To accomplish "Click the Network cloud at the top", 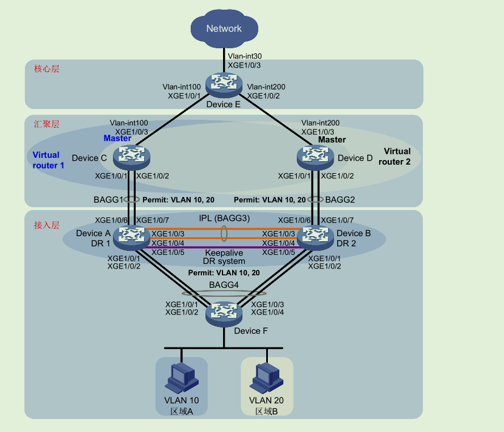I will point(224,28).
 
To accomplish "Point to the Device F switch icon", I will point(224,312).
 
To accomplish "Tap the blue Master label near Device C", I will point(117,139).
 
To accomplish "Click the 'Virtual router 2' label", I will point(397,156).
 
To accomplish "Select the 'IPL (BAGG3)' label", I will point(224,218).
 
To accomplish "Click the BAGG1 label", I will point(108,200).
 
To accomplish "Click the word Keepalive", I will point(224,253).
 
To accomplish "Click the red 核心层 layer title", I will point(47,69).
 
